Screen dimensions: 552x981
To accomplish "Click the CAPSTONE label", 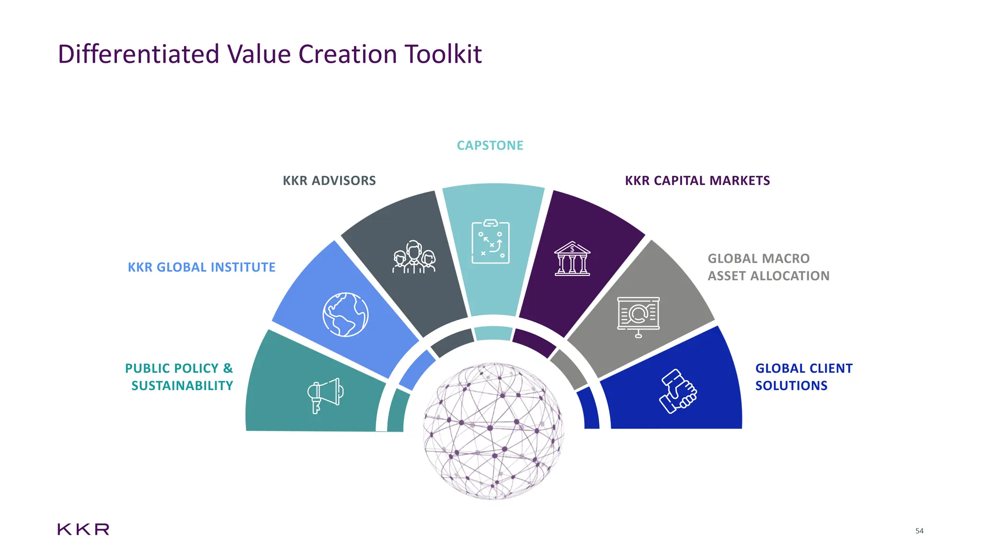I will [490, 145].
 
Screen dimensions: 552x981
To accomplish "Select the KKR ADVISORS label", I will [329, 181].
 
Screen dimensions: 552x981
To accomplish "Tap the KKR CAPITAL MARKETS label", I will [697, 181].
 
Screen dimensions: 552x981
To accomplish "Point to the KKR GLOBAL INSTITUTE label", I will [201, 267].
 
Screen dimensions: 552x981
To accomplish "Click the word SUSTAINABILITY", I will [182, 386].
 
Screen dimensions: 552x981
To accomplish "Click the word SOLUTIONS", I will [791, 386].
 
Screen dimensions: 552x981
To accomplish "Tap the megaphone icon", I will [325, 396].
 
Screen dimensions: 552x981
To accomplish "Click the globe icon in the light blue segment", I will [345, 314].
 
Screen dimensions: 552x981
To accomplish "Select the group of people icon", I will [414, 257].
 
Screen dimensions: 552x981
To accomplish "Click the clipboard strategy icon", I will [490, 242].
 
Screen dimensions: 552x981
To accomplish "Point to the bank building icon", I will [572, 259].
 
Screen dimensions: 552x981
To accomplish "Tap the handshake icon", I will [677, 391].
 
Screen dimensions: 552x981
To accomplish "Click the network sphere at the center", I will [493, 431].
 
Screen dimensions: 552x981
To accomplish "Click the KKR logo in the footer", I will [83, 529].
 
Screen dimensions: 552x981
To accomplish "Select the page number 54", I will [919, 531].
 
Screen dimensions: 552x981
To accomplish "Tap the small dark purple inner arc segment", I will [534, 342].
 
